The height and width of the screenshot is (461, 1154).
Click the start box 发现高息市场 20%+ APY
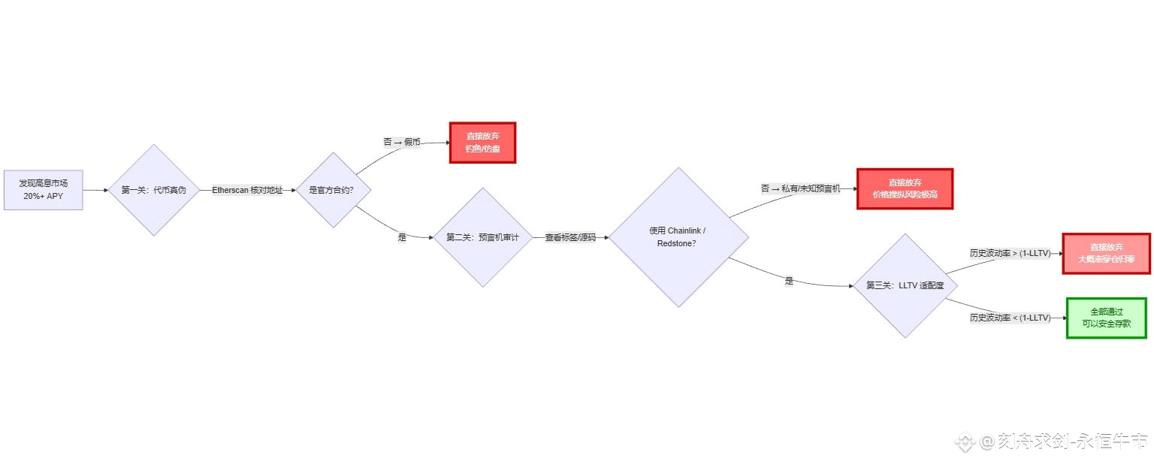tap(43, 190)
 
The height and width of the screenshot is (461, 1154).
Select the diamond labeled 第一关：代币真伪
tap(153, 190)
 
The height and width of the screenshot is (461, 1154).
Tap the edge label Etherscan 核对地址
tap(247, 190)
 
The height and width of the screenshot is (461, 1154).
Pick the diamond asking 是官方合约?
tap(331, 190)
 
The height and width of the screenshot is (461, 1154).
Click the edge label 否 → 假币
tap(402, 141)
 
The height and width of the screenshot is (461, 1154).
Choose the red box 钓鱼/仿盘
tap(482, 143)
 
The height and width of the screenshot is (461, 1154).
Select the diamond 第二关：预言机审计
tap(482, 237)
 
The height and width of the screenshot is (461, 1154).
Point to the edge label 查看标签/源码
tap(570, 237)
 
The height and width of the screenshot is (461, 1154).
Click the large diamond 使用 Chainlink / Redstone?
tap(678, 237)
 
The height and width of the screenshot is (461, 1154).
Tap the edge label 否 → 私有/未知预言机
tap(800, 188)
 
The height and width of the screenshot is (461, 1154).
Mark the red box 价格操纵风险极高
tap(905, 188)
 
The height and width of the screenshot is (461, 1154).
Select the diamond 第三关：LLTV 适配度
tap(905, 285)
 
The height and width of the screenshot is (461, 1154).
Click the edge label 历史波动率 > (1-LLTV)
tap(1010, 253)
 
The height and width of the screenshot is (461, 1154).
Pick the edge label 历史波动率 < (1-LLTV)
tap(1010, 318)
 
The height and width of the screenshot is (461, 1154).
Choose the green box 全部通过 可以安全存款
tap(1106, 318)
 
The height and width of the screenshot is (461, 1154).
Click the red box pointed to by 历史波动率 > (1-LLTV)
tap(1106, 253)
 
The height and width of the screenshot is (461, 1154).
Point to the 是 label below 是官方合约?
tap(402, 237)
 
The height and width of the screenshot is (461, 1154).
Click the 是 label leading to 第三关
tap(789, 281)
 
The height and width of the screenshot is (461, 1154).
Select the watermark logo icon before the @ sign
tap(965, 441)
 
